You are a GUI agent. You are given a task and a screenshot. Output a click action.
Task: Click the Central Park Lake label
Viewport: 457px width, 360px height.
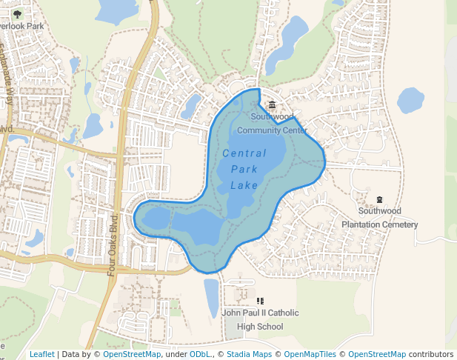244,169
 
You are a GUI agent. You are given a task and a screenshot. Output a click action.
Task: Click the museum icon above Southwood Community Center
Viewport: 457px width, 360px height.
272,105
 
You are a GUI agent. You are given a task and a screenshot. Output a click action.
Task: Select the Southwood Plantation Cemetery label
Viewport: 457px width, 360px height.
379,218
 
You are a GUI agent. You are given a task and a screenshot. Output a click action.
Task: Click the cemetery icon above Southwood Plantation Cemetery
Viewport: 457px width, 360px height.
380,199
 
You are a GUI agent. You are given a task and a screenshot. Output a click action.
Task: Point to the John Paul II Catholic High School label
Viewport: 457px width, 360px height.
260,319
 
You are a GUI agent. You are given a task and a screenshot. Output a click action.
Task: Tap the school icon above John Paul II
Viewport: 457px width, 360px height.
260,301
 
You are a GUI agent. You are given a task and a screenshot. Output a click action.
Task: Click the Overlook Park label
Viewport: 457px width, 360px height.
22,26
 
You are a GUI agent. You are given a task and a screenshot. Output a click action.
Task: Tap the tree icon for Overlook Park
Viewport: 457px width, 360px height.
18,13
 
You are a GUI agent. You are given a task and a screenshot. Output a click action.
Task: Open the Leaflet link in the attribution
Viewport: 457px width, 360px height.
41,355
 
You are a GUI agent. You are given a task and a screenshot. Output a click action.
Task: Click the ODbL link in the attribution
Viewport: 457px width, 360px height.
201,355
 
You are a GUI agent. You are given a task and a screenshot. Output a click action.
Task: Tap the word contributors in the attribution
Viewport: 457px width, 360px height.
431,355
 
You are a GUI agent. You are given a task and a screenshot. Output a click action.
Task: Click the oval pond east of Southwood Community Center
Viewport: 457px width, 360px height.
410,101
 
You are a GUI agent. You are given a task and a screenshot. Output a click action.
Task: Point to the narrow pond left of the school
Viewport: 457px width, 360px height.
212,296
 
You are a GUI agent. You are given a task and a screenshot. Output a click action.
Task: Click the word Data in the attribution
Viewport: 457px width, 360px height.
71,355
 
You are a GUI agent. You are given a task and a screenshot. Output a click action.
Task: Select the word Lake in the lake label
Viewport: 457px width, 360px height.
244,185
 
